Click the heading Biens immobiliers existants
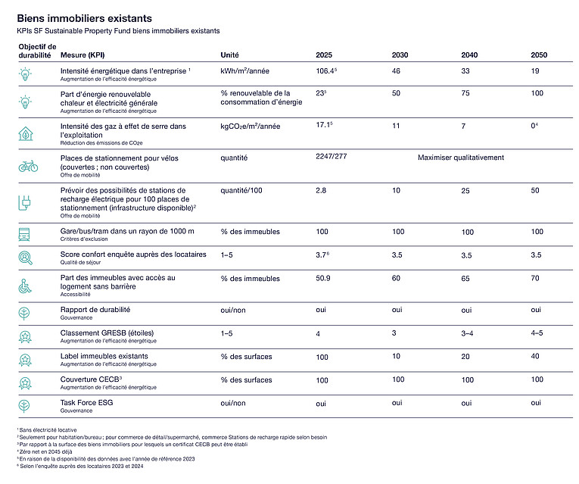pos(84,17)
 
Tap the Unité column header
pos(229,55)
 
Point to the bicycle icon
pos(28,164)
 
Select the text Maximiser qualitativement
pos(460,158)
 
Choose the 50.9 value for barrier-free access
pos(323,279)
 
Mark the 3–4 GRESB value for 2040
pos(469,334)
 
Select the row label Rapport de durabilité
pos(95,310)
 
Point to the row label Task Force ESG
pos(88,403)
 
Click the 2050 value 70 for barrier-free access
pos(536,279)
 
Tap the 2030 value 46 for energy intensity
pos(396,70)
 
